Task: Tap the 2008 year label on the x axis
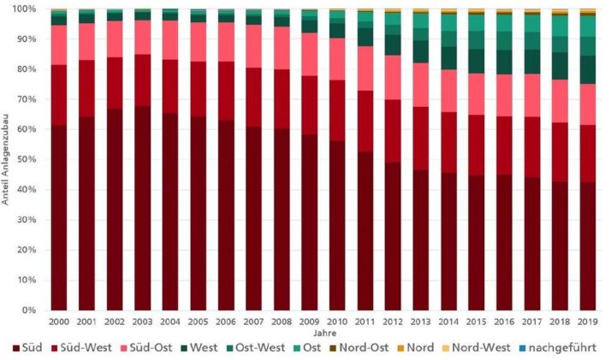tap(282, 322)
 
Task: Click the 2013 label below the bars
tap(420, 322)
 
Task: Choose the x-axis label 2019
tap(587, 322)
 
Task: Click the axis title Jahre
tap(323, 333)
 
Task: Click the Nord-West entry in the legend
tap(485, 348)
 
